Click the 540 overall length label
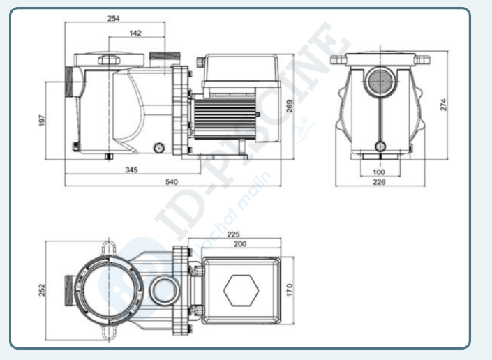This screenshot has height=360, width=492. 171,181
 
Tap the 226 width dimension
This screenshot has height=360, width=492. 379,182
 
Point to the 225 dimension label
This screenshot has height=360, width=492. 234,234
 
